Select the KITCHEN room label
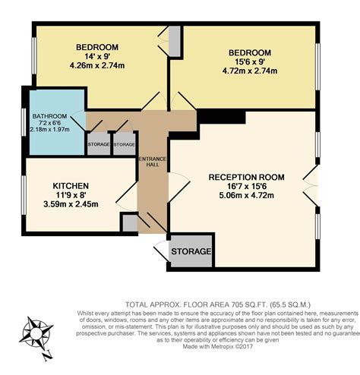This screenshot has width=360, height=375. pos(71,186)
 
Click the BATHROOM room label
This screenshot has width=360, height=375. pos(49,116)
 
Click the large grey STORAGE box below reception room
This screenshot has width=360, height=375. pos(191,252)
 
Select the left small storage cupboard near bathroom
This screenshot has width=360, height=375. pos(98,143)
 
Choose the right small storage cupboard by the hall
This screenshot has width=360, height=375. pos(124,143)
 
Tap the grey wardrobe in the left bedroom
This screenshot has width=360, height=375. pos(174,39)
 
